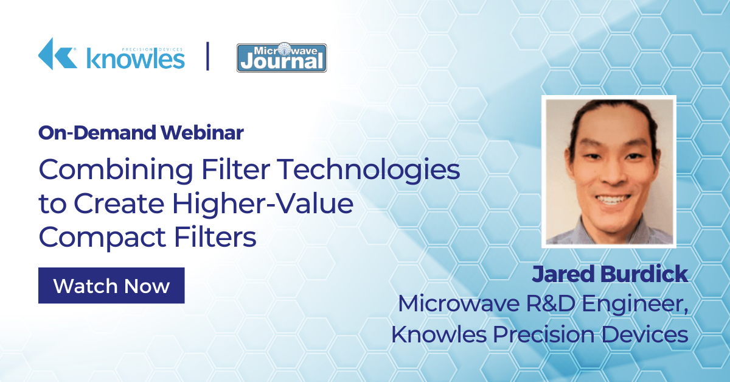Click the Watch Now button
click(111, 285)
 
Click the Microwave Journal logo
click(282, 57)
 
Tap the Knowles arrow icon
click(58, 54)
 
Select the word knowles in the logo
click(136, 59)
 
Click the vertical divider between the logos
click(207, 56)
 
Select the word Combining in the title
click(116, 171)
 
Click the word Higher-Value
click(263, 203)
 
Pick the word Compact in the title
click(102, 238)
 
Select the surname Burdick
click(644, 274)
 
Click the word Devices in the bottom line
click(645, 334)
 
